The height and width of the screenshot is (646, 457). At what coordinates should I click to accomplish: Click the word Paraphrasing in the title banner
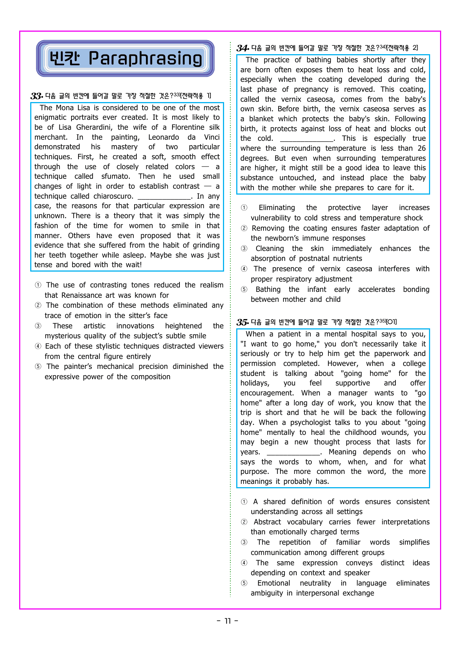(x=146, y=59)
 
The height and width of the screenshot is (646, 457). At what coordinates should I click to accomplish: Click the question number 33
(x=36, y=96)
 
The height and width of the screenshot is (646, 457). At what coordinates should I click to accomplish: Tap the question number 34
(x=242, y=48)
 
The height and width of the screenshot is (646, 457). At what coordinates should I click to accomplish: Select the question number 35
(x=242, y=322)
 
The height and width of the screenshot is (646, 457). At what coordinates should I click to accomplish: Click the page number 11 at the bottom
(x=227, y=621)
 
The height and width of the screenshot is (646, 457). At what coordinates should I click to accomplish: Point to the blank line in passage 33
(x=164, y=196)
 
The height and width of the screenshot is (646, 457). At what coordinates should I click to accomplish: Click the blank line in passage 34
(x=306, y=139)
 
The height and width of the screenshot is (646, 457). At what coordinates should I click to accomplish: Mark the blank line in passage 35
(x=293, y=453)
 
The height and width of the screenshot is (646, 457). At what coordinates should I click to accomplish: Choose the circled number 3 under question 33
(x=38, y=326)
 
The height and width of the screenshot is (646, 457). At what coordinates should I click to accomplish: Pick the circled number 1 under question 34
(x=244, y=208)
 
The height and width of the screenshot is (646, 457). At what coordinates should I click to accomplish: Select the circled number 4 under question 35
(x=244, y=563)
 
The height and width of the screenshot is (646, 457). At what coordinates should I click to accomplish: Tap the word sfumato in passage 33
(x=115, y=177)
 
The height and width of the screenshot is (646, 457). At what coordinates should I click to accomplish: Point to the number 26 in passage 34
(x=422, y=149)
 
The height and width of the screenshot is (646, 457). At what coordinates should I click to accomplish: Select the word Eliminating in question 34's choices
(x=277, y=208)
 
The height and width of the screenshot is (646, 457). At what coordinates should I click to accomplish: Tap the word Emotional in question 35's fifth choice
(x=273, y=583)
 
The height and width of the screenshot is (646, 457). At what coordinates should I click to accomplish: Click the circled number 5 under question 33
(x=38, y=367)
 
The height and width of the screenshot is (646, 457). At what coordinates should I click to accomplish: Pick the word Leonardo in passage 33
(x=164, y=137)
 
